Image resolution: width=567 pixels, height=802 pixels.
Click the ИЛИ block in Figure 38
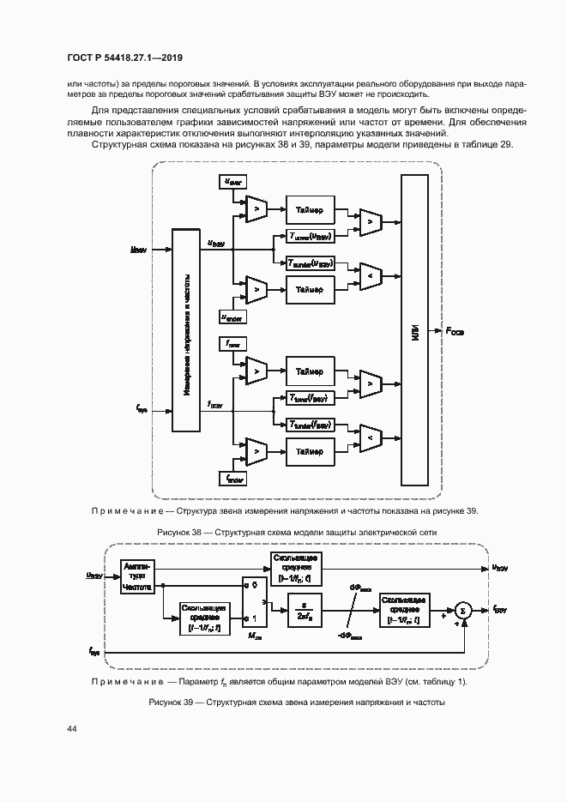413,332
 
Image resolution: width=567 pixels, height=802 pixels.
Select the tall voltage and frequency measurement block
186,330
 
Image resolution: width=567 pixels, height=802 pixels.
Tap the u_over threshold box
232,181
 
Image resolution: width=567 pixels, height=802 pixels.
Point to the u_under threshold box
232,317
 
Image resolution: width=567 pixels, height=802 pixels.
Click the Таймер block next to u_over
310,209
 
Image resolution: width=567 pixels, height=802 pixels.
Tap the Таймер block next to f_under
310,450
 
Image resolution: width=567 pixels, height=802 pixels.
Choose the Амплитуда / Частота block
136,579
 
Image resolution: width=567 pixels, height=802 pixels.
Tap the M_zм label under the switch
253,636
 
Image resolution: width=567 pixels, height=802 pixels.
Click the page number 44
72,728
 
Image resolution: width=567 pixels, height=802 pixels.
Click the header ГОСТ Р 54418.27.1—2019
124,57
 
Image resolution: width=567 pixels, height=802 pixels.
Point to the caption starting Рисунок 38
298,533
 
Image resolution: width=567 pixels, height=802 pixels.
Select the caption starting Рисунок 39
298,703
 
